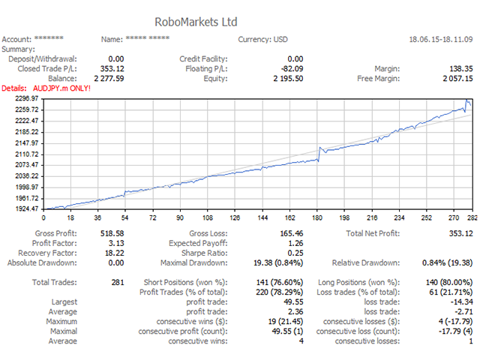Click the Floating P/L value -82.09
click(288, 68)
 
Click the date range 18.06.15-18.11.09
click(439, 40)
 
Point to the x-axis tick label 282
click(472, 218)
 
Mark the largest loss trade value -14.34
click(458, 301)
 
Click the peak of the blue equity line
click(466, 100)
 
